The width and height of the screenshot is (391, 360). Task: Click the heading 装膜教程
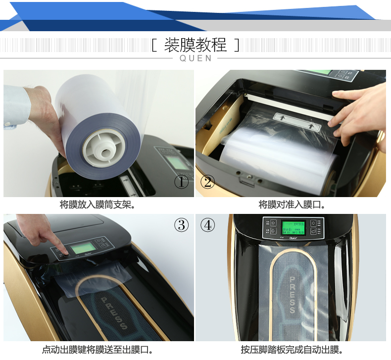[195, 45]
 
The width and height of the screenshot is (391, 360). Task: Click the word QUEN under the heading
[195, 58]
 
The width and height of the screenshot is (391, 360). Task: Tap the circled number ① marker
[182, 182]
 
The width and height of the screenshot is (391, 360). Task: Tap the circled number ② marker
[208, 182]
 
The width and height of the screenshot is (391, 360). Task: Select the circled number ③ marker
[182, 225]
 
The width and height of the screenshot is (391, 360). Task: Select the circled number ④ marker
[208, 225]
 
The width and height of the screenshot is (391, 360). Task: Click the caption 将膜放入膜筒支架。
[98, 205]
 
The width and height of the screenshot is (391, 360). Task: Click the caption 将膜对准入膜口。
[292, 205]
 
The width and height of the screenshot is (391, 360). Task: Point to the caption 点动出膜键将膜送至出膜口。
[98, 350]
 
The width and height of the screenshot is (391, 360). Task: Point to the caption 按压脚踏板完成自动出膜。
[292, 350]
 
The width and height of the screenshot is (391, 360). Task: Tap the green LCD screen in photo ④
[293, 227]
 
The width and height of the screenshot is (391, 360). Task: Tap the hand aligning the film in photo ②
[359, 111]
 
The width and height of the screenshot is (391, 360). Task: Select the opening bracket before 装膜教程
[154, 46]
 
